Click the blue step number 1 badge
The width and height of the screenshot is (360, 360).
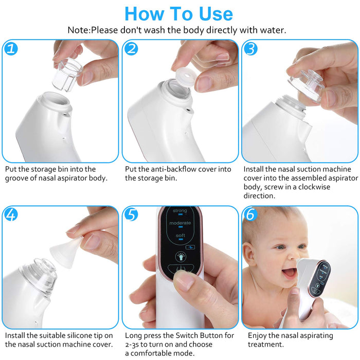(x=11, y=49)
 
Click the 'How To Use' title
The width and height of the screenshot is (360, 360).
(x=178, y=13)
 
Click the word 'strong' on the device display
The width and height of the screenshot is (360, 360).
(x=180, y=211)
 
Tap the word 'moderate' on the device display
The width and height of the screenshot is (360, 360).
(x=180, y=223)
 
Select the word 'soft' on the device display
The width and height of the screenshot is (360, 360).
(x=180, y=236)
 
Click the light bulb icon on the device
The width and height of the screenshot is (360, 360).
(x=180, y=256)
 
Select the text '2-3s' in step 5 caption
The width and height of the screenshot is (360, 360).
(x=135, y=345)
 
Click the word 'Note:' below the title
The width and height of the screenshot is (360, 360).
(x=79, y=30)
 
